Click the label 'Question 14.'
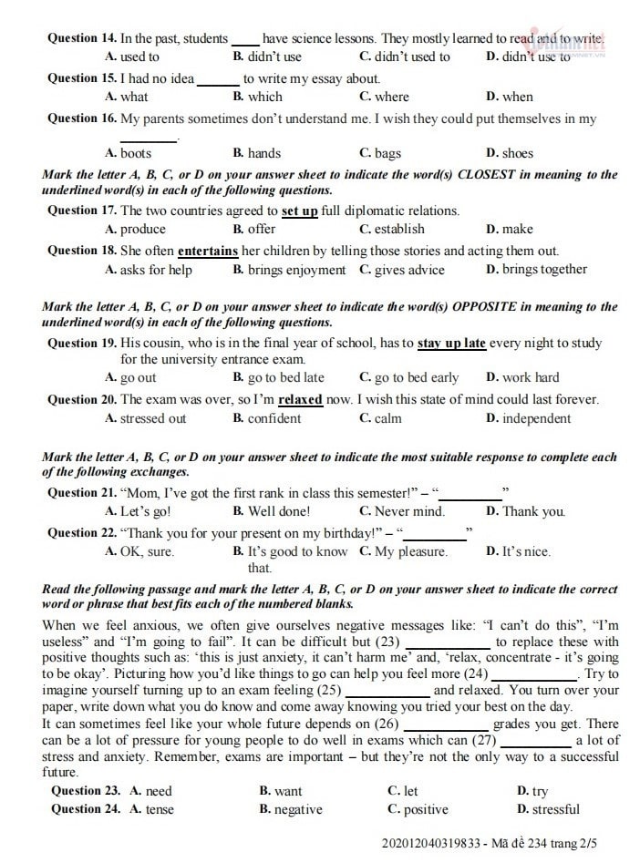click(82, 38)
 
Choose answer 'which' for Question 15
click(264, 97)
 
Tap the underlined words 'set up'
click(299, 211)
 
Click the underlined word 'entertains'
click(208, 251)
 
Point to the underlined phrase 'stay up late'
click(451, 343)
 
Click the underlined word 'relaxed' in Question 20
click(300, 399)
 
